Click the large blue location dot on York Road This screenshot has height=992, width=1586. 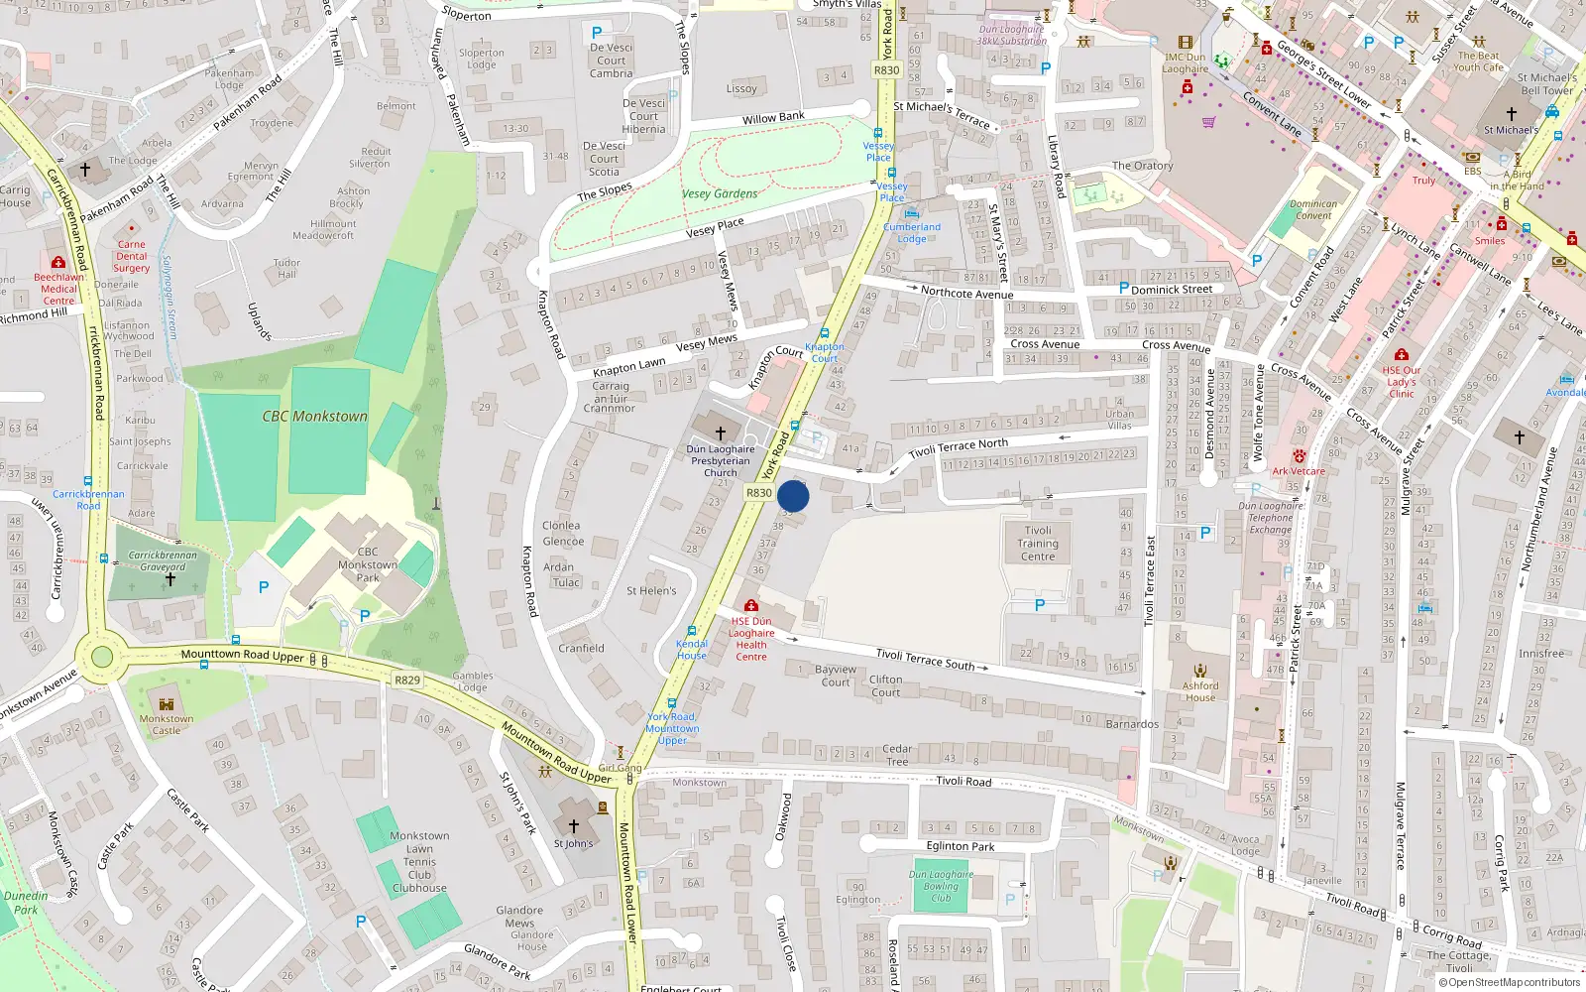coord(793,496)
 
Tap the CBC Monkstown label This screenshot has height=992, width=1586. coord(314,417)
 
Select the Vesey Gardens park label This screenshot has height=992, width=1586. coord(720,194)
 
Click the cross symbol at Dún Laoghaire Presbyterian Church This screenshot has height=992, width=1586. coord(721,434)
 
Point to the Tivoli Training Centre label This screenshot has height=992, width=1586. coord(1038,544)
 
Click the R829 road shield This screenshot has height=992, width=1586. coord(406,681)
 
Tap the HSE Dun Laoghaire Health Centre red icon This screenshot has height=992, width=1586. coord(751,605)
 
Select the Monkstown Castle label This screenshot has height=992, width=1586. coord(167,724)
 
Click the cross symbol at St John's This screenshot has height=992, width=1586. coord(573,825)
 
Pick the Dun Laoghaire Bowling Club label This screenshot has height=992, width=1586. coord(941,886)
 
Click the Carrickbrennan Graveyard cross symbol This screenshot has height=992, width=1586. coord(170,579)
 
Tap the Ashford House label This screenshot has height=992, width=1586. coord(1200,691)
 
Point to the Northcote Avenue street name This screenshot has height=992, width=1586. coord(966,293)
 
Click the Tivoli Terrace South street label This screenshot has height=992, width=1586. coord(925,660)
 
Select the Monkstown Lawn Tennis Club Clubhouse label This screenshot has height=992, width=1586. coord(419,862)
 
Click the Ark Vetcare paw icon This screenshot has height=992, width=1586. coord(1299,456)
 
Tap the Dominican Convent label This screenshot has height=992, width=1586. coord(1313,209)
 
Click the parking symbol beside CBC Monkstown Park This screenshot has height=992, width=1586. coord(264,587)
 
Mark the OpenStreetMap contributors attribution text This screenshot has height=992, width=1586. coord(1511,982)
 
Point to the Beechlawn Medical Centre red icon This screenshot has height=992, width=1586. coord(58,263)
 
